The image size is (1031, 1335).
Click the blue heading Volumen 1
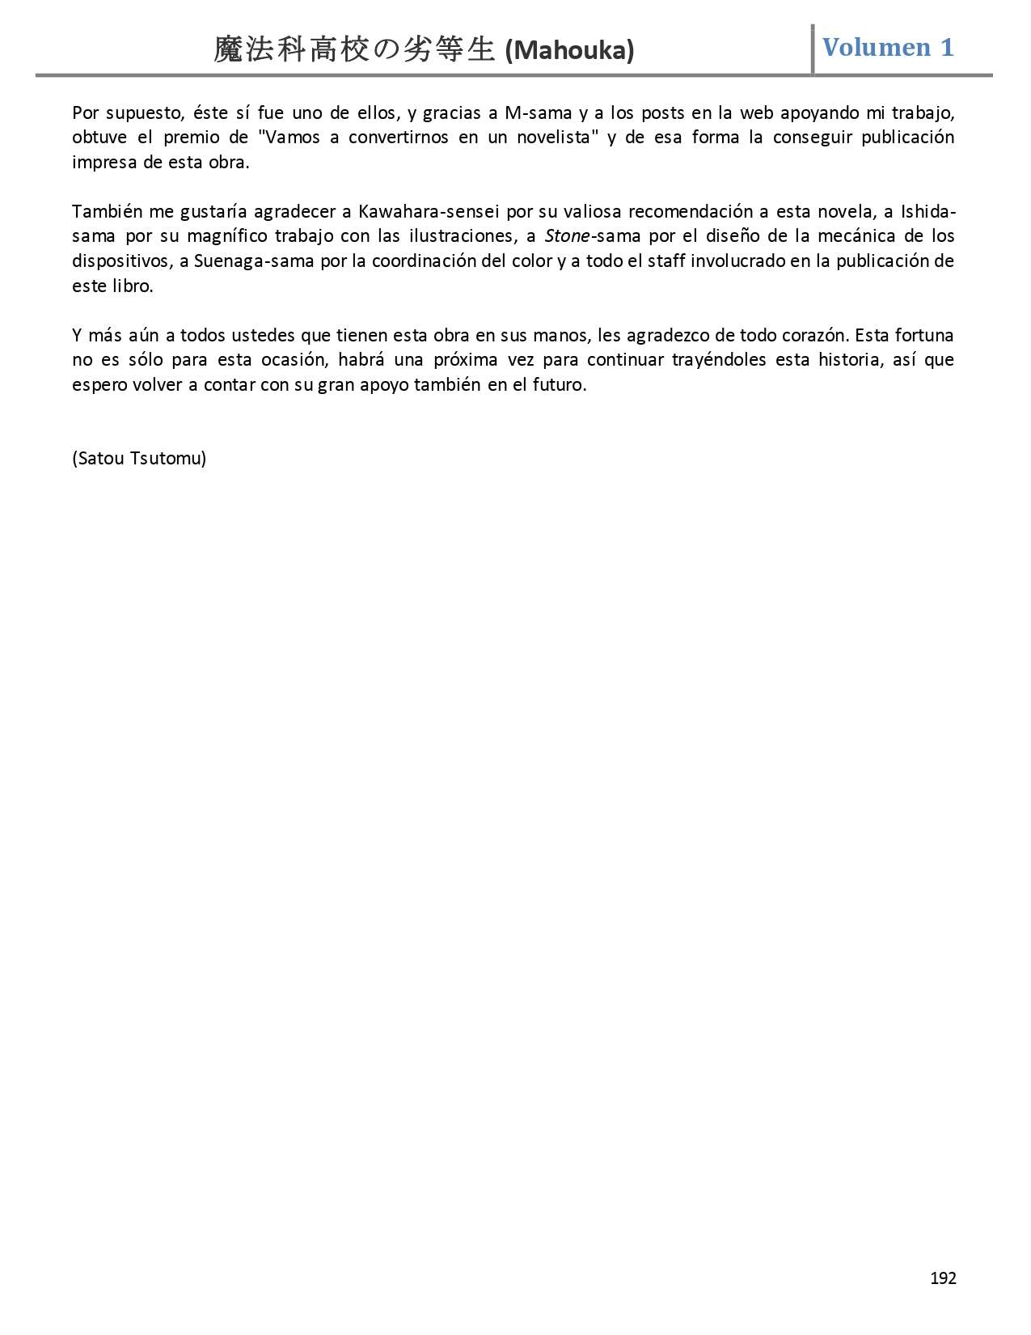[888, 48]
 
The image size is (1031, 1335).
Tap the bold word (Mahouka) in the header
[569, 51]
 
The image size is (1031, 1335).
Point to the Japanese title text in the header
[354, 50]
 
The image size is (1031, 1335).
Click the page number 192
[943, 1278]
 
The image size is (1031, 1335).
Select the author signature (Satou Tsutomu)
[139, 459]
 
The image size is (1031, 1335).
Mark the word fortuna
[923, 336]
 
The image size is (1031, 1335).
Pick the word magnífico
[226, 236]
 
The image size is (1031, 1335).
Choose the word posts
[662, 113]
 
